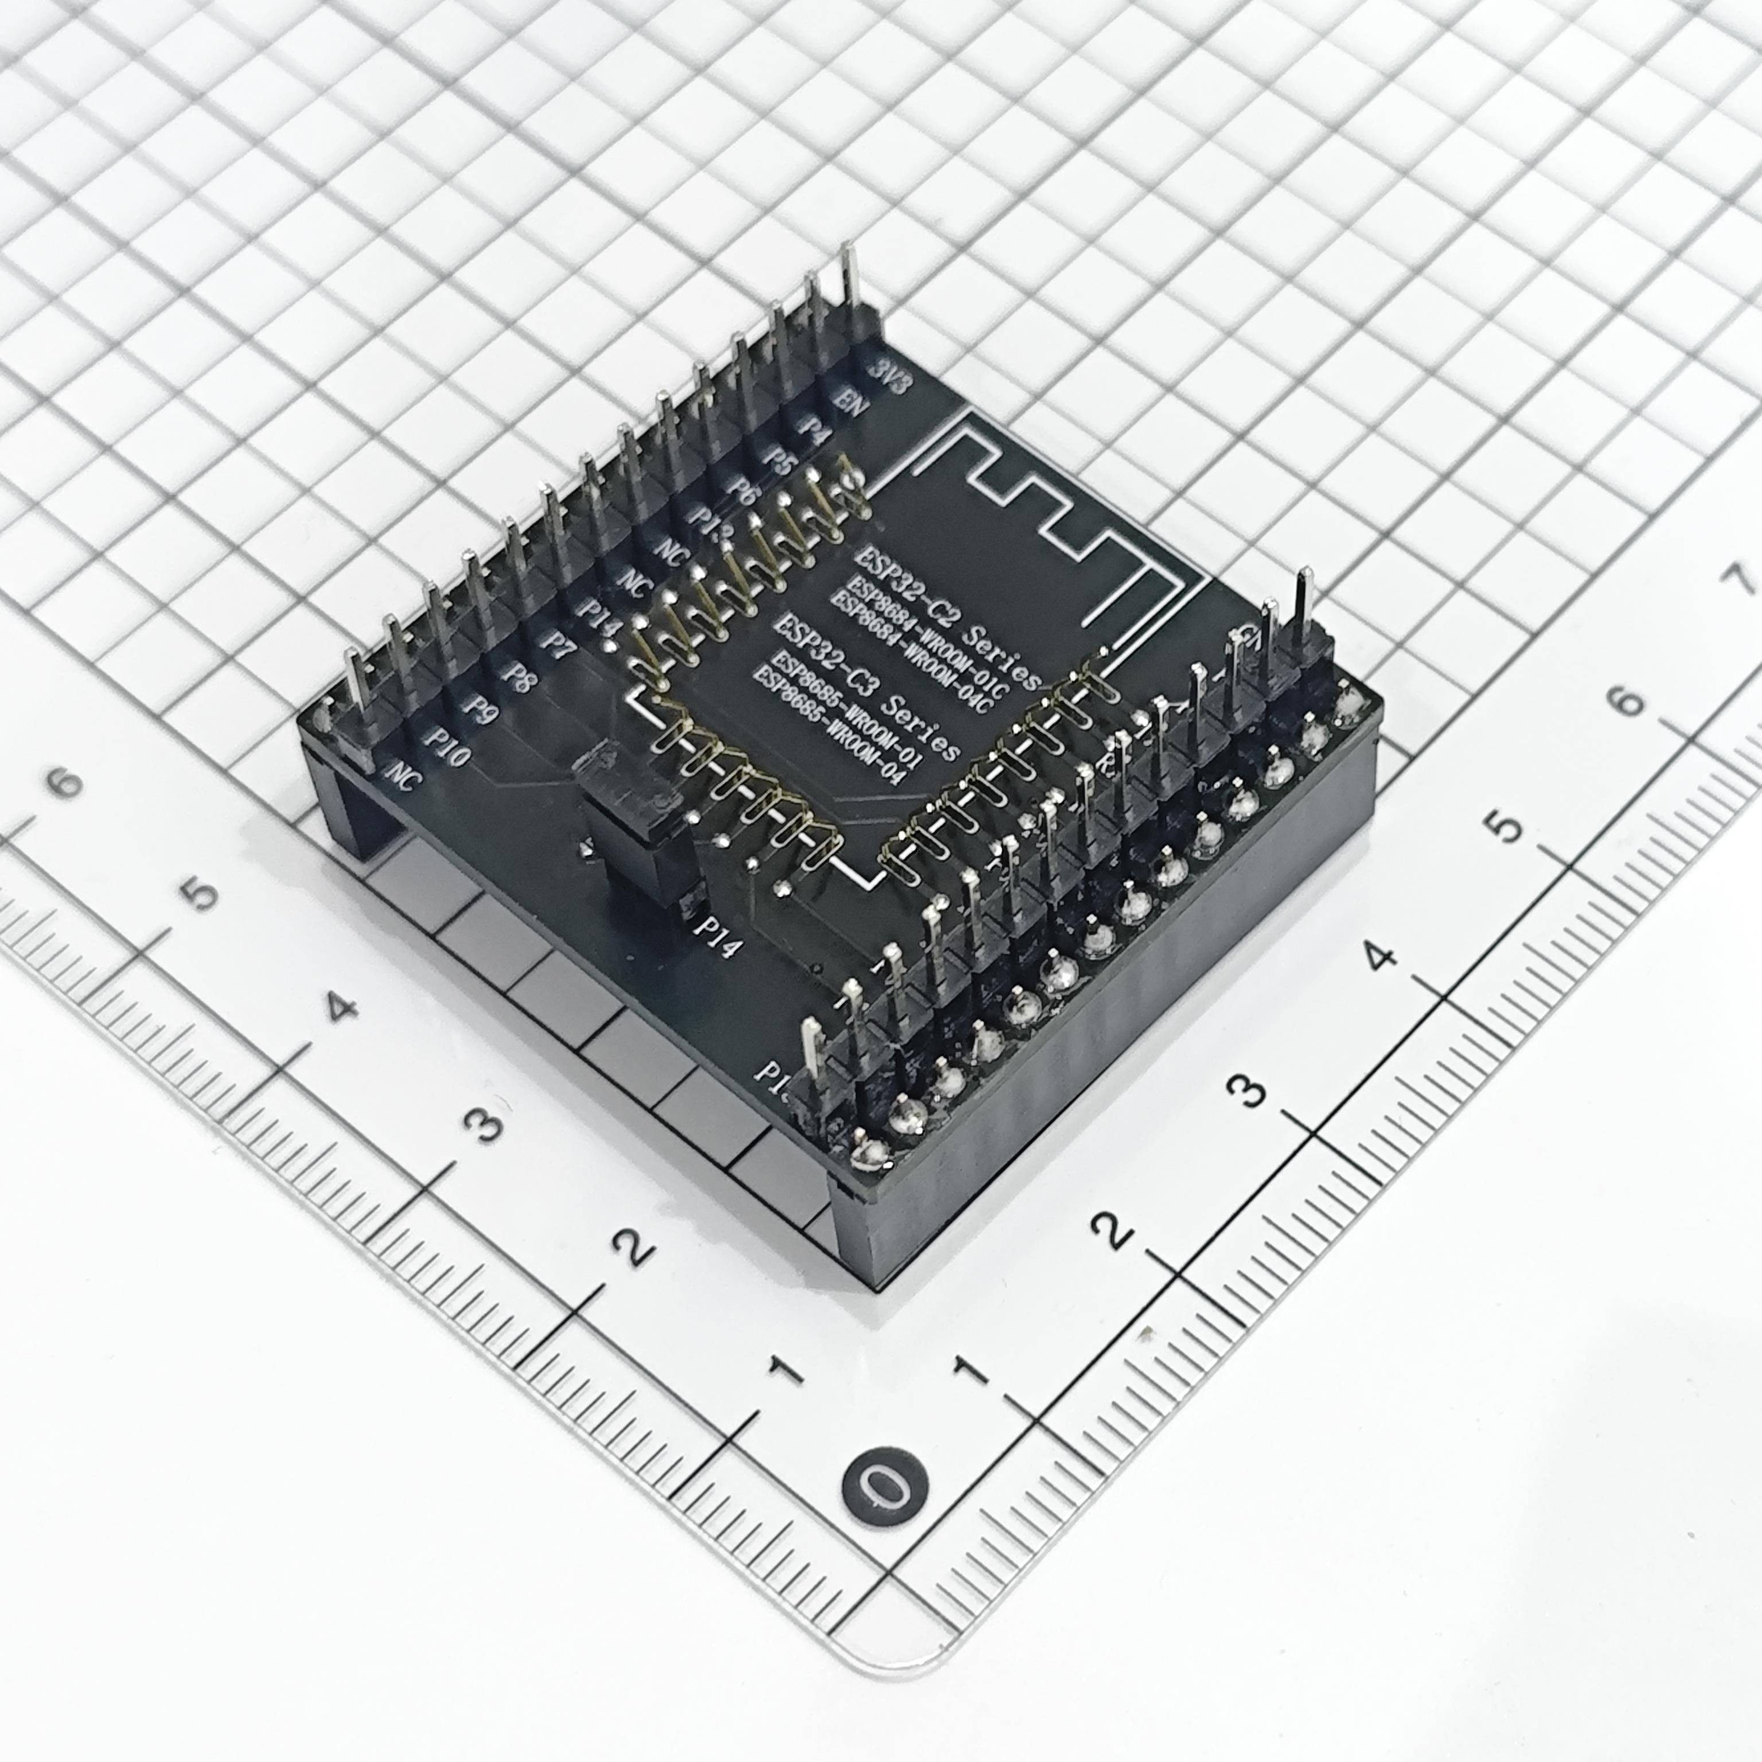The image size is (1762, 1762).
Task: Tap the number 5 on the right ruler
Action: coord(1503,827)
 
